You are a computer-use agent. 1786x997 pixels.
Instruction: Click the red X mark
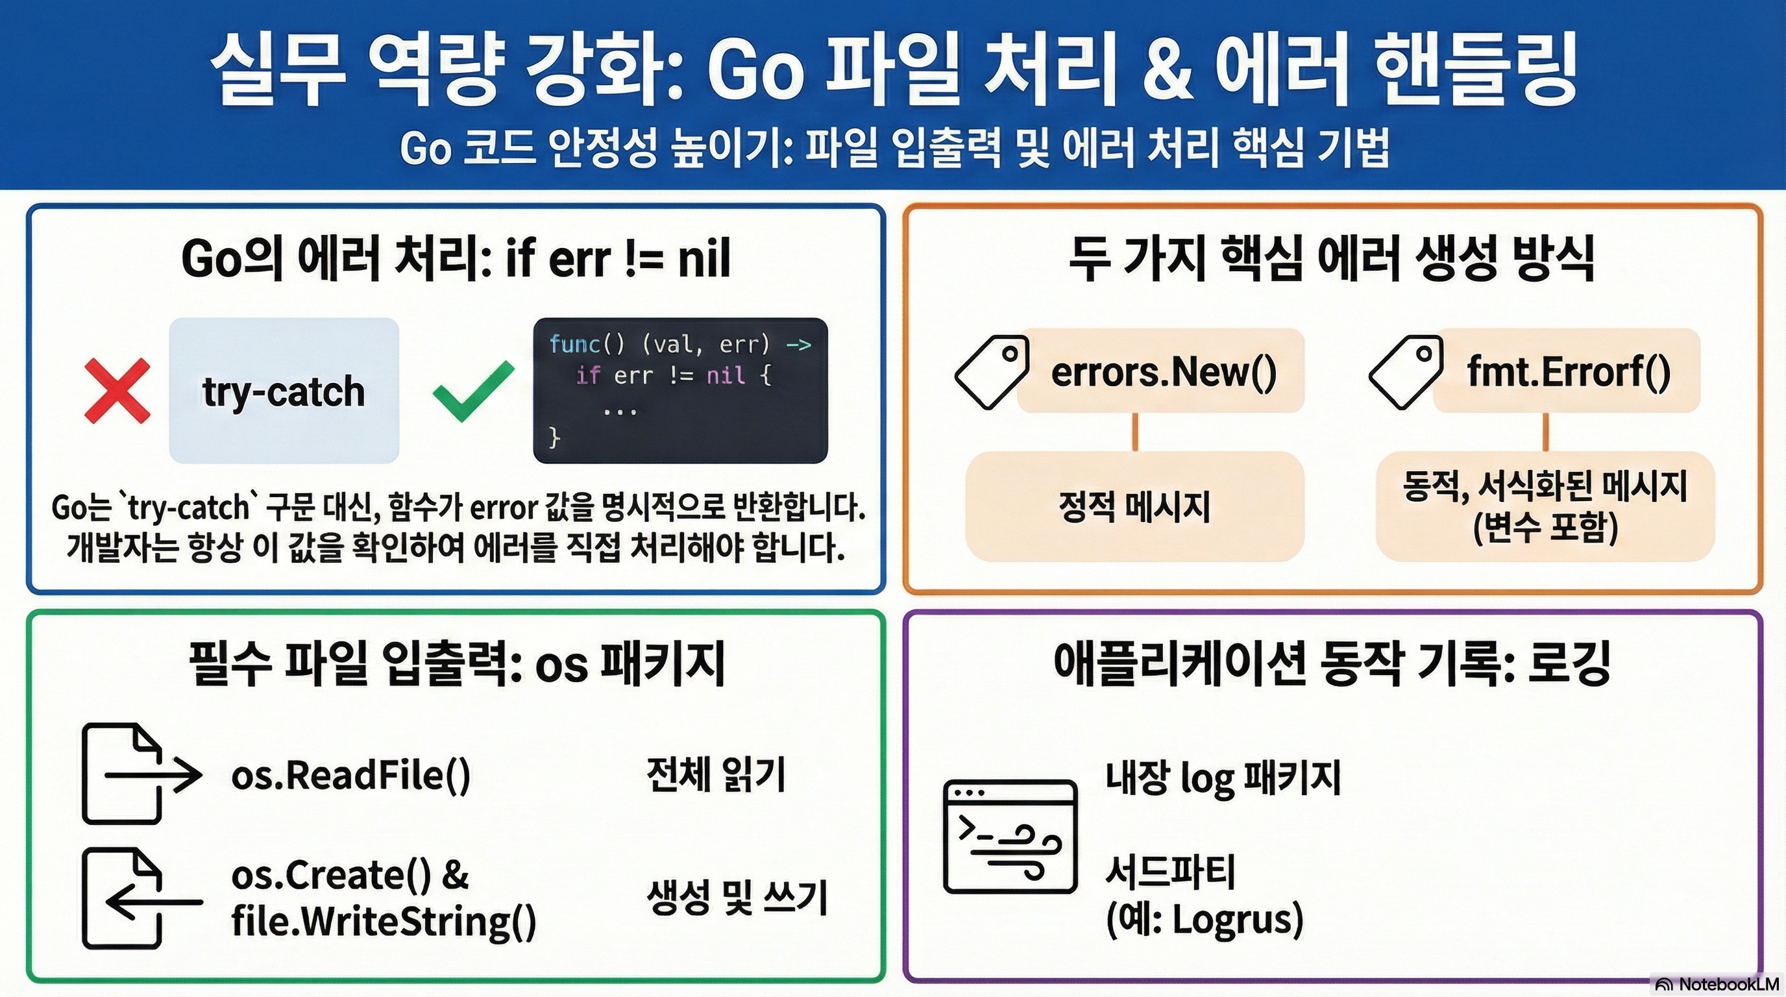[x=116, y=390]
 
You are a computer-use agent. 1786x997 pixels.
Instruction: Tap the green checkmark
[x=474, y=390]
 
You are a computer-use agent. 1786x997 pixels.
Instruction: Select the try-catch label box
[x=284, y=390]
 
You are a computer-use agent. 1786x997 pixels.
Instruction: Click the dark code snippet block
[x=680, y=390]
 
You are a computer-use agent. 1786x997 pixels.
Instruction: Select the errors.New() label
[x=1164, y=372]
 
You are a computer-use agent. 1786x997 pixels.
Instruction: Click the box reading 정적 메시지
[x=1134, y=506]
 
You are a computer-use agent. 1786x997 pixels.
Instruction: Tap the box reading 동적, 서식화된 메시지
[x=1545, y=506]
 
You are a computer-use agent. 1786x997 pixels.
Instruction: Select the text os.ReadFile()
[x=351, y=775]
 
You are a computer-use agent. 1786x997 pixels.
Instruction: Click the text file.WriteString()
[x=384, y=922]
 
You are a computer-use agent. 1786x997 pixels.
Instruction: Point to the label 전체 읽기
[x=716, y=775]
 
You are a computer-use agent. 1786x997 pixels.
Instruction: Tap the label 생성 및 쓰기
[x=737, y=898]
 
